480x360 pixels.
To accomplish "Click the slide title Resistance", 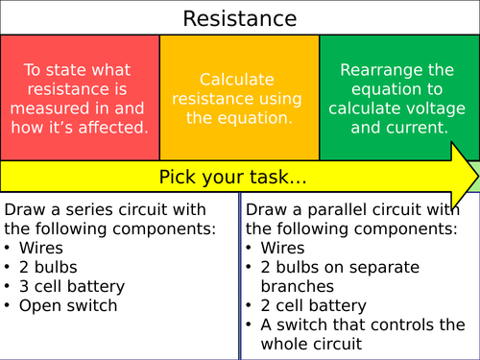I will [x=239, y=18].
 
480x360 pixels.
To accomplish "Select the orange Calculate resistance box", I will [x=239, y=98].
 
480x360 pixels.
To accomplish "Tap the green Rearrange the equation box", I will [x=398, y=98].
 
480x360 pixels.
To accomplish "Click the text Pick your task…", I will [x=232, y=177].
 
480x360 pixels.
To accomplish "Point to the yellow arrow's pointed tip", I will [x=476, y=176].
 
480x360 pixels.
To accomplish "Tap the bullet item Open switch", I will [x=67, y=305].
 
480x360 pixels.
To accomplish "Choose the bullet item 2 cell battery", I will [x=309, y=305].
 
